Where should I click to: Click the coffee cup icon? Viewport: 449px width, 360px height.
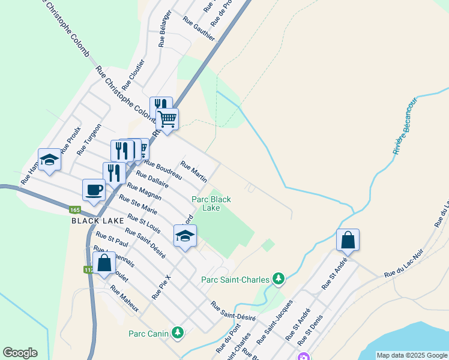coord(94,191)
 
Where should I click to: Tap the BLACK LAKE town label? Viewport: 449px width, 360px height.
coord(94,221)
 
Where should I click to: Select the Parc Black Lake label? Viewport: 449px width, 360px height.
coord(211,203)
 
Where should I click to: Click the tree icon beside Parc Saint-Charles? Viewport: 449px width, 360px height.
coord(278,278)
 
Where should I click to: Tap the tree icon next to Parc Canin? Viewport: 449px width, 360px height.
coord(177,332)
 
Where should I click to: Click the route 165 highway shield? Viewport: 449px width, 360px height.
coord(74,210)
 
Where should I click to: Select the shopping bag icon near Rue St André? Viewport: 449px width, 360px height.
coord(348,241)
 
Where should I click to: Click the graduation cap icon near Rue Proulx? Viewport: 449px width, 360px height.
coord(49,160)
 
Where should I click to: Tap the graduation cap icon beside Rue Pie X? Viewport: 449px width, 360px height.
coord(185,236)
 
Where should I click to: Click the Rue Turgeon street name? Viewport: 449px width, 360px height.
coord(89,140)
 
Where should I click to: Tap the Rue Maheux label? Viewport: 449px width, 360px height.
coord(124,298)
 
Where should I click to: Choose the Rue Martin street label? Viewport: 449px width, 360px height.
coord(194,173)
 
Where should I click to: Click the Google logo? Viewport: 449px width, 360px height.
coord(19,353)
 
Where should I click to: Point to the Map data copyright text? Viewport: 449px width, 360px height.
coord(411,355)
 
